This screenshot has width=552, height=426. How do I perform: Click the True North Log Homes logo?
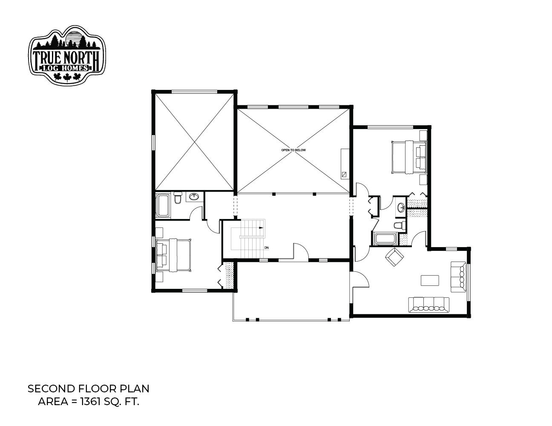click(67, 55)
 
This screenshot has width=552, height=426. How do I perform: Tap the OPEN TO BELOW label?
click(293, 150)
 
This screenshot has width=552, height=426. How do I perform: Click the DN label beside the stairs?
click(267, 248)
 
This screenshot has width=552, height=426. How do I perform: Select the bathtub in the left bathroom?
click(163, 205)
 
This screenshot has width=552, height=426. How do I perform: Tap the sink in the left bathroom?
click(195, 196)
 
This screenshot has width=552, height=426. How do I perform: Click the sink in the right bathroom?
click(401, 207)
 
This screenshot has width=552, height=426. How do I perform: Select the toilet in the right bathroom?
click(400, 225)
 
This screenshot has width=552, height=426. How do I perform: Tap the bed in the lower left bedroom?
click(173, 255)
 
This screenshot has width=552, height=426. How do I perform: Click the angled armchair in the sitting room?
click(394, 257)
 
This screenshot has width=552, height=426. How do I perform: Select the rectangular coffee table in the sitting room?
click(430, 280)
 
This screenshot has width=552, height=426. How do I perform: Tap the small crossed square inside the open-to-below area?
click(344, 175)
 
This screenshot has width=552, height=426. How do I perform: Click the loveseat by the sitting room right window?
click(459, 277)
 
